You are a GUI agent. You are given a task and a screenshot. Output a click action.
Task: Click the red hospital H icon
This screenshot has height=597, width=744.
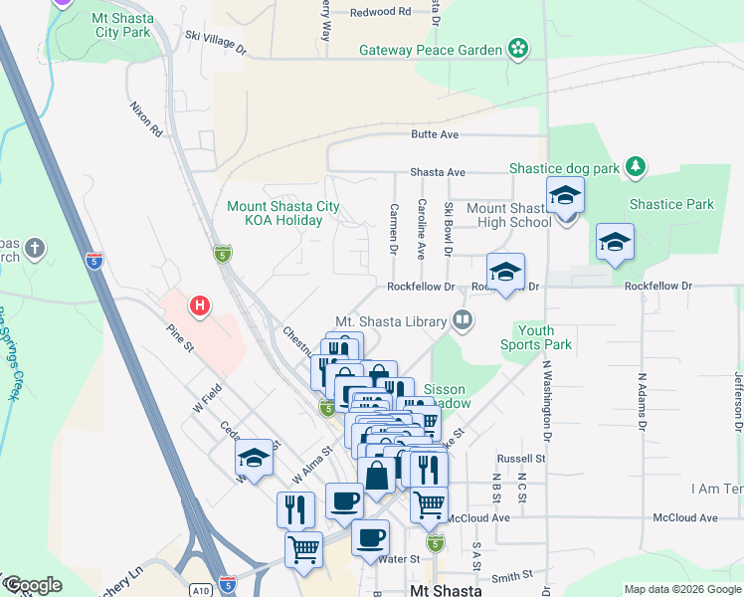200,305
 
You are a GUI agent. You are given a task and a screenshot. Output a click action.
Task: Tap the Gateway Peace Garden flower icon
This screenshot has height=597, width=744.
517,48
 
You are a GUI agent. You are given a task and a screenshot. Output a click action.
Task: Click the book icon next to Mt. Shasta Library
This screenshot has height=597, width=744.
462,320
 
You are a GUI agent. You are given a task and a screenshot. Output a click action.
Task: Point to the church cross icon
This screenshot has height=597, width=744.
35,247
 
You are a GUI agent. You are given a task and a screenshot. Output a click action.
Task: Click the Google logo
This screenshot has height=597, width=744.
32,585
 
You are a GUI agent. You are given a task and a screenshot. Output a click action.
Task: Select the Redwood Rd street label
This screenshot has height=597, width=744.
382,12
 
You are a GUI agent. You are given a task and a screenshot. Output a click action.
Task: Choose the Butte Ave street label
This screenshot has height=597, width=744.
436,134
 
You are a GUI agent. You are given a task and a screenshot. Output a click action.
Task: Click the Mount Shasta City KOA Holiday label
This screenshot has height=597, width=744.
283,214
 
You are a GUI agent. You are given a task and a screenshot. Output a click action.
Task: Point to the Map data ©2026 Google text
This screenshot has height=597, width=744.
681,589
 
